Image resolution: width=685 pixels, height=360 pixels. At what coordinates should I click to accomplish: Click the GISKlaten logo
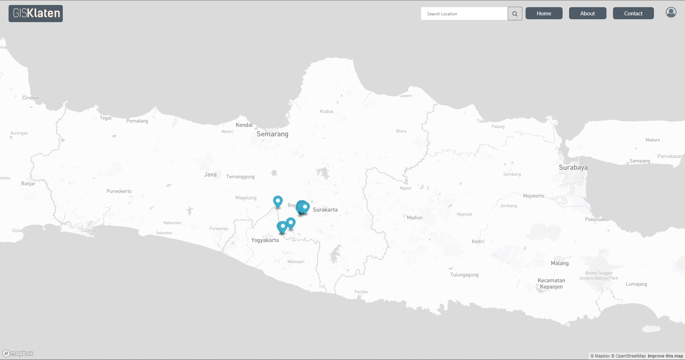click(x=36, y=14)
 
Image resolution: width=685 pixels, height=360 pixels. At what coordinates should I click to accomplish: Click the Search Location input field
click(x=464, y=14)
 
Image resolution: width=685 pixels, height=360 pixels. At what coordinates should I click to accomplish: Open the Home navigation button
click(x=544, y=13)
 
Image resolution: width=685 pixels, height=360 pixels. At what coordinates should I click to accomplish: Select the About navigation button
click(x=587, y=13)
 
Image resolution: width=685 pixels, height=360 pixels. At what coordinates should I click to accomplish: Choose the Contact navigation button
click(x=633, y=13)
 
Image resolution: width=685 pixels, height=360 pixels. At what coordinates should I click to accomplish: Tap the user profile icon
click(x=671, y=12)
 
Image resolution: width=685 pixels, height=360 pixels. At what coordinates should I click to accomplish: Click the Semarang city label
click(x=272, y=134)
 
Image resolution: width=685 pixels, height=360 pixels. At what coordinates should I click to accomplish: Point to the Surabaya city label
click(x=573, y=167)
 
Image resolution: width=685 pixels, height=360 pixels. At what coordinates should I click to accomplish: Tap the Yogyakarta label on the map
click(x=265, y=240)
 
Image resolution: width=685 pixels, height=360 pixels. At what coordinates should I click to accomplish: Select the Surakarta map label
click(x=325, y=210)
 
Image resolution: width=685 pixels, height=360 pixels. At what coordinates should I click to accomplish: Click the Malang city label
click(x=559, y=263)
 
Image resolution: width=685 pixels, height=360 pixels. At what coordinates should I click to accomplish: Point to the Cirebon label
click(x=31, y=98)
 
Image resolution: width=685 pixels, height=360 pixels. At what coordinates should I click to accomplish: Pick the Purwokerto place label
click(x=119, y=191)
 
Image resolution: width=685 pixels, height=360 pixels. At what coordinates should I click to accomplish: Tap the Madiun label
click(x=415, y=218)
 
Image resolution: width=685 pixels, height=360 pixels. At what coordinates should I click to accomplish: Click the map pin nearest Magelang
click(x=278, y=202)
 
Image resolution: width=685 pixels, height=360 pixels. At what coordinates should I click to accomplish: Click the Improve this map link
click(x=665, y=356)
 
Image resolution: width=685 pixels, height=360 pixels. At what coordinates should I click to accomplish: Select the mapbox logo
click(x=18, y=353)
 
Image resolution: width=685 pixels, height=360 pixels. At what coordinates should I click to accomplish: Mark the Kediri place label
click(x=478, y=242)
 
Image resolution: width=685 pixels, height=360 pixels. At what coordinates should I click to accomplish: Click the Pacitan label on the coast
click(x=361, y=292)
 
